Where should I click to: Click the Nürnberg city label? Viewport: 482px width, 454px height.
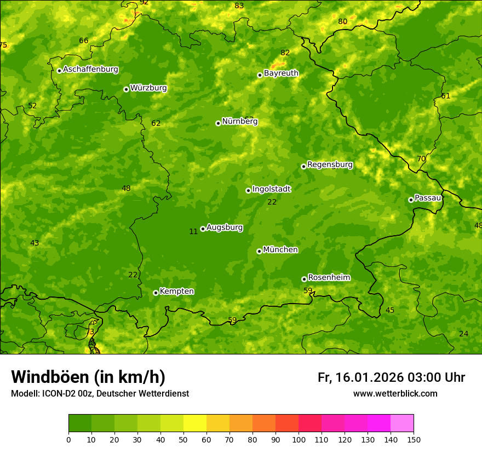tap(239, 121)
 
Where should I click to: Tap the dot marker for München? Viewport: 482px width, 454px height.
tap(259, 251)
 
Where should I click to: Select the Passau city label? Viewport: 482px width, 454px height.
tap(428, 198)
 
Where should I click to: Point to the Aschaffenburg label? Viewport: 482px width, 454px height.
tap(90, 69)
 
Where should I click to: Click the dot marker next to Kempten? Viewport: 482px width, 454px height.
tap(156, 293)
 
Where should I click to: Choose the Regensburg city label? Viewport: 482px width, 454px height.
tap(330, 165)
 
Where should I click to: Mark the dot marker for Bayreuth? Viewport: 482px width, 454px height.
tap(260, 75)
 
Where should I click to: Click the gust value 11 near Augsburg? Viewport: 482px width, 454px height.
tap(193, 231)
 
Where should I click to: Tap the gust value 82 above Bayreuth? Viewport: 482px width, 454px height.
tap(285, 53)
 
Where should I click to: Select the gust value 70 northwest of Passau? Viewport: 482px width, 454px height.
tap(421, 159)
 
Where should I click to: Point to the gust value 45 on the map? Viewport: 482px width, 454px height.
tap(390, 310)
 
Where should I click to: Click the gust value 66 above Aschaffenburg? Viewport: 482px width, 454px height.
tap(83, 40)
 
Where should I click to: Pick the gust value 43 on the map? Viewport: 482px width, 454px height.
tap(35, 243)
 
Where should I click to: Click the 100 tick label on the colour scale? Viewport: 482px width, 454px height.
tap(299, 439)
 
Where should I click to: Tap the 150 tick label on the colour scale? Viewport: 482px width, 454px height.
tap(414, 439)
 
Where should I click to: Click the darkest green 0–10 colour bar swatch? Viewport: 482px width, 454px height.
tap(80, 423)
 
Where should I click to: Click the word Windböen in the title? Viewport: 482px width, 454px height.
tap(49, 377)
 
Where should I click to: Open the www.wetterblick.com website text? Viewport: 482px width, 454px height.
tap(395, 393)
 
